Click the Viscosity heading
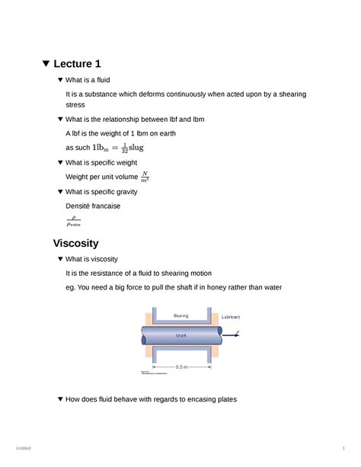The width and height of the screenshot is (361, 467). click(x=75, y=243)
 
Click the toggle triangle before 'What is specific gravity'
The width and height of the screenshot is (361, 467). click(x=61, y=192)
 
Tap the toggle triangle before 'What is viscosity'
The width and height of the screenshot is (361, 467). click(x=61, y=259)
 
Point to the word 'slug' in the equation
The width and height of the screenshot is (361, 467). click(x=136, y=147)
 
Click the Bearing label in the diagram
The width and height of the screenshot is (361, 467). click(x=181, y=315)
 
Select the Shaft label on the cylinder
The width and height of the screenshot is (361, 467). click(x=181, y=334)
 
